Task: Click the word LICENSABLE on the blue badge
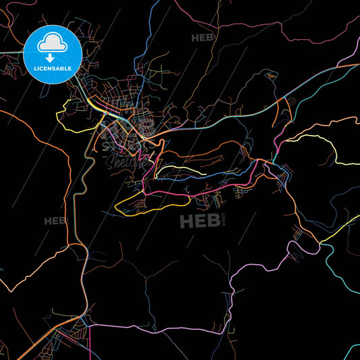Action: (52, 68)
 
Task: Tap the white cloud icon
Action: (52, 43)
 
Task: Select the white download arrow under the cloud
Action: (52, 58)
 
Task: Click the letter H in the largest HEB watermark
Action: (186, 221)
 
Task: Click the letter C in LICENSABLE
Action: (42, 68)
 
